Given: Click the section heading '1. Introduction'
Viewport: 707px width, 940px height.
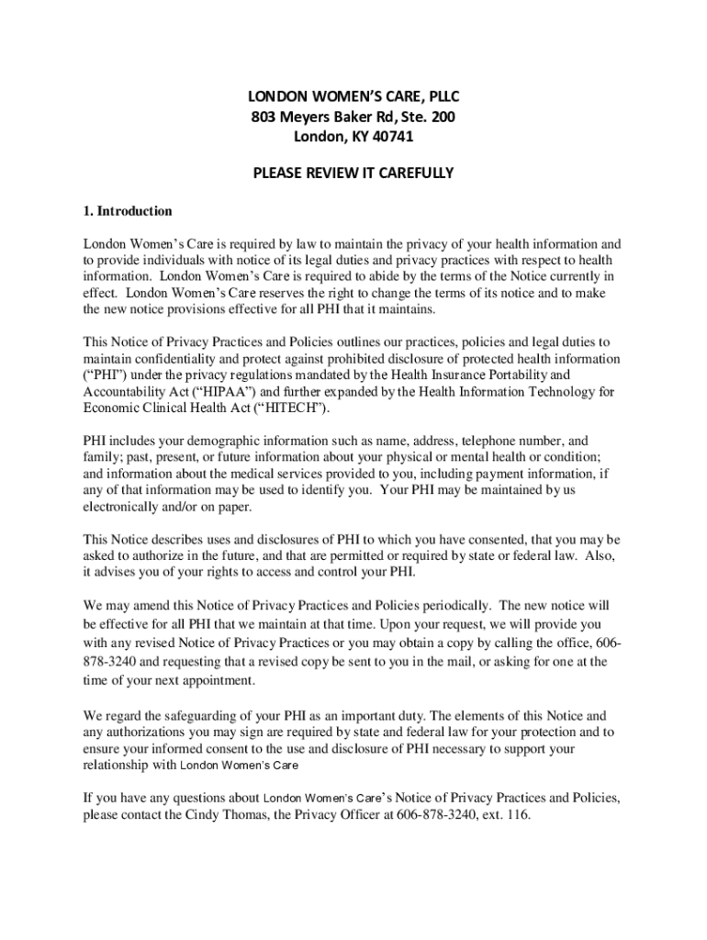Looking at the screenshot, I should tap(128, 211).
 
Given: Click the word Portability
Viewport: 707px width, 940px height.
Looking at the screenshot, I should tap(513, 375).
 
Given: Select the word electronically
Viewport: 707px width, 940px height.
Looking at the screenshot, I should tap(126, 507).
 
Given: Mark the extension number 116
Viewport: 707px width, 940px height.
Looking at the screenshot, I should tap(518, 814).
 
